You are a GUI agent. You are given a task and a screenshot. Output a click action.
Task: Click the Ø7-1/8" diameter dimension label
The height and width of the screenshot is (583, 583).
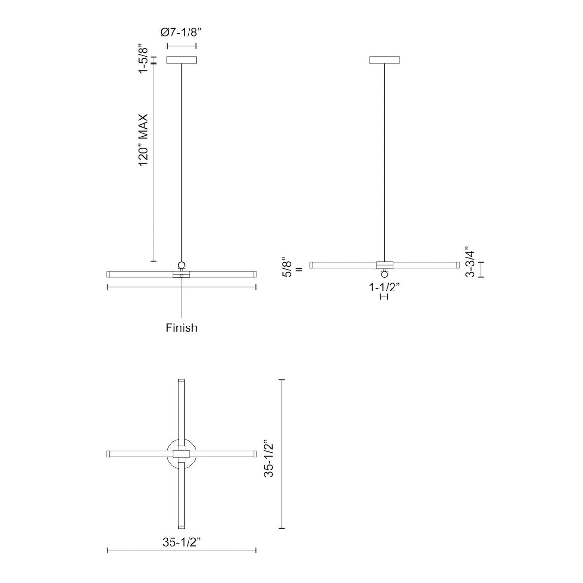(181, 33)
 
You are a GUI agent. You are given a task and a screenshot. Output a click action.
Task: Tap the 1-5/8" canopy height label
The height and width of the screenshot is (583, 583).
(142, 59)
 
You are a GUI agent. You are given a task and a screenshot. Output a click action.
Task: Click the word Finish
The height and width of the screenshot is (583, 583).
(181, 328)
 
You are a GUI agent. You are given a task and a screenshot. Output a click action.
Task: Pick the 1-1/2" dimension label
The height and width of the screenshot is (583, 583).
(384, 287)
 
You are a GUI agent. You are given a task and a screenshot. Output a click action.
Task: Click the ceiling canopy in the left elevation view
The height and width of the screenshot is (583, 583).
(181, 60)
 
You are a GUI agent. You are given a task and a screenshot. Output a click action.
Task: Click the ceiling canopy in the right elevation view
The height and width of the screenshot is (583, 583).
(384, 60)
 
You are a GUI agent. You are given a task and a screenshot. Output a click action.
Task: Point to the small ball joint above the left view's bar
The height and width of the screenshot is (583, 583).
(181, 265)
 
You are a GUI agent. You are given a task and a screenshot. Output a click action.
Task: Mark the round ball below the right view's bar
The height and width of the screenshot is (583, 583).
(385, 273)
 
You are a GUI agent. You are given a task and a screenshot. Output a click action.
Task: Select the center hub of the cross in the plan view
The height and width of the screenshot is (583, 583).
(181, 454)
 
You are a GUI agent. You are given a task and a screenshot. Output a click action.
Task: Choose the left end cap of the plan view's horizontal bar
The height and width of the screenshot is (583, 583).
(109, 454)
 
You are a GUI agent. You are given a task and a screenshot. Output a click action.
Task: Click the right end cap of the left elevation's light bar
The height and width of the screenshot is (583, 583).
(254, 274)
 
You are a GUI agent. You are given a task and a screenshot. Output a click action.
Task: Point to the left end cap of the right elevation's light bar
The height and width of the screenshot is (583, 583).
(312, 265)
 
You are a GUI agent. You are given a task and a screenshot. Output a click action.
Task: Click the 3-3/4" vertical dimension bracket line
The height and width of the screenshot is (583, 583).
(481, 269)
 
